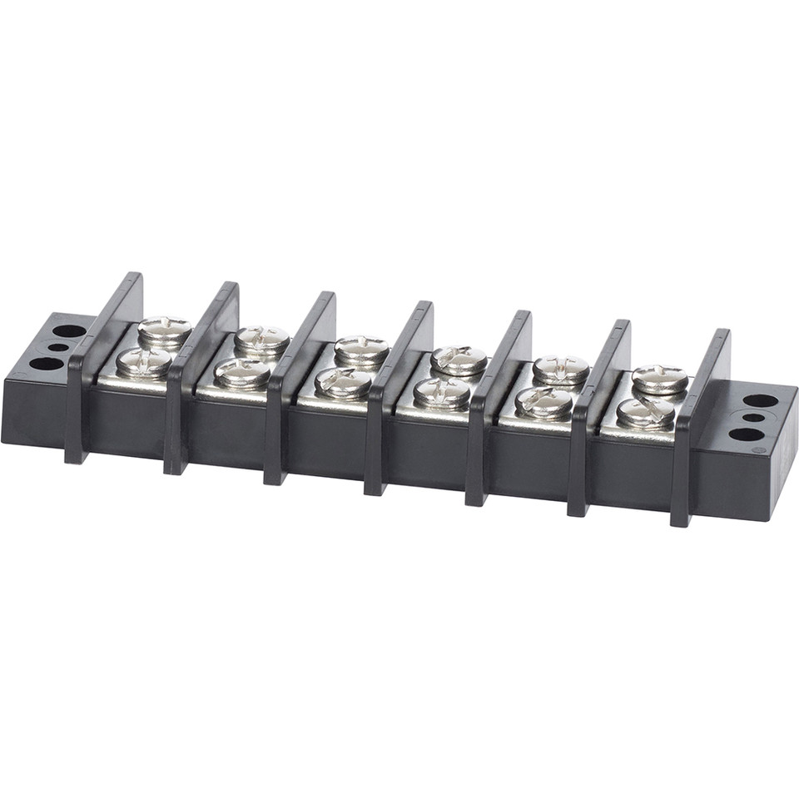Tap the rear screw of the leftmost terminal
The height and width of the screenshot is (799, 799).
164,330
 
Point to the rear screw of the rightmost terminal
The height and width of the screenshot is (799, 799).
660,378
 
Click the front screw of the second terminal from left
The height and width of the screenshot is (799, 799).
242,372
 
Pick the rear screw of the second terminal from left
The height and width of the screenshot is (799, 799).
261,339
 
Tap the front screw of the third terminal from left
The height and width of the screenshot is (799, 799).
343,382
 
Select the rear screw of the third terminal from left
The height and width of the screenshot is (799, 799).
362,349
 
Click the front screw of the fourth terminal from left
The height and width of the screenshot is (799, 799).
442,392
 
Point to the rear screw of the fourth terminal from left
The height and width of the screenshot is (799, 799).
459,359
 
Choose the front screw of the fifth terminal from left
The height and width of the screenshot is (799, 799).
544,402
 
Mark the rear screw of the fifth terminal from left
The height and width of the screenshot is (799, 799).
561,368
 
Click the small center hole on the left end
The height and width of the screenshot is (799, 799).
58,348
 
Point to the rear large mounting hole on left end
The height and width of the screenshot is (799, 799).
70,331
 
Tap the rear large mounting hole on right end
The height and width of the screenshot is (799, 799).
760,400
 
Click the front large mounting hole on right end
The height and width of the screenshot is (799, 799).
747,434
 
